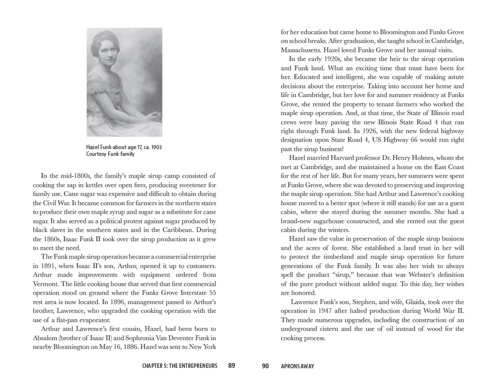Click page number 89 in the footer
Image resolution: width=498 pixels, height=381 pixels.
click(231, 366)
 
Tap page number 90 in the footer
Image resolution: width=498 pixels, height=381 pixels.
click(265, 366)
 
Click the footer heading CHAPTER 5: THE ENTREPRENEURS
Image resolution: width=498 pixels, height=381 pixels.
click(179, 366)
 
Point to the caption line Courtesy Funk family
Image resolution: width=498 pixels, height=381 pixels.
click(110, 154)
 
